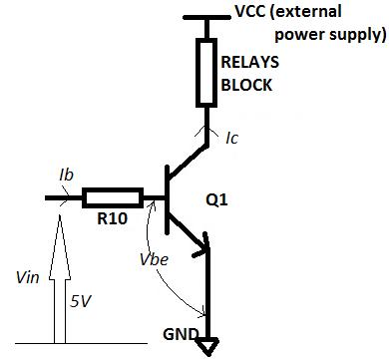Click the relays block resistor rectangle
pyautogui.click(x=206, y=72)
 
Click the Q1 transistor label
pyautogui.click(x=243, y=198)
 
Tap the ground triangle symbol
pyautogui.click(x=206, y=347)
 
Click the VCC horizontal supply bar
pyautogui.click(x=206, y=18)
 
